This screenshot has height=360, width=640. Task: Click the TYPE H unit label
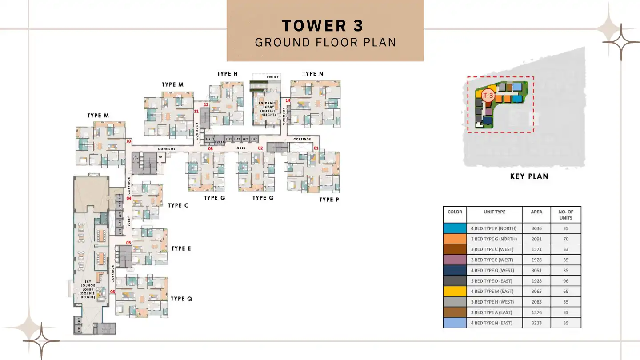227,74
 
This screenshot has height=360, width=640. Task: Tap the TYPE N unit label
313,74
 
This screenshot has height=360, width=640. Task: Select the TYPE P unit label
329,200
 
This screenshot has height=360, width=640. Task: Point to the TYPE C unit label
178,205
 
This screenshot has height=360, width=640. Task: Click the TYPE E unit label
181,248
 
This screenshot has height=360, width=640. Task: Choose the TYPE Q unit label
181,299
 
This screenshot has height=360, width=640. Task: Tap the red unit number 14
288,101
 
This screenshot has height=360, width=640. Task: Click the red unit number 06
112,292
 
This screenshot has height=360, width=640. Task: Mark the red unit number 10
128,141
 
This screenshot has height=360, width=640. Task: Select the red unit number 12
206,105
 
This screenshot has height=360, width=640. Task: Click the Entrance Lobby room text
268,109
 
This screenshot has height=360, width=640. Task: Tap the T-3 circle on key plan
488,95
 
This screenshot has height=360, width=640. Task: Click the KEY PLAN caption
529,176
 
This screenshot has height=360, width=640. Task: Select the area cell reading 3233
536,323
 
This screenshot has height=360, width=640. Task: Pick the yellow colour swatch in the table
455,291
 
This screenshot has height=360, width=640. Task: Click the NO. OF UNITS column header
566,215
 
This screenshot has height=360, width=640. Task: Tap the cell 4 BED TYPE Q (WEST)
492,270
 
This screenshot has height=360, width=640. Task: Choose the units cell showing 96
566,281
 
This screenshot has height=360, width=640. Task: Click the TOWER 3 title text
323,26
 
